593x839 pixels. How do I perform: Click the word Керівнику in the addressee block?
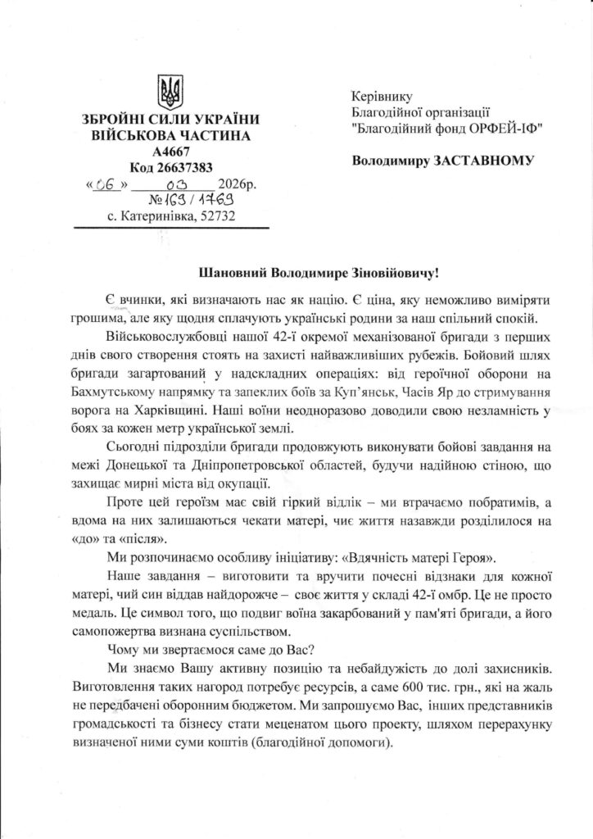[380, 96]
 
